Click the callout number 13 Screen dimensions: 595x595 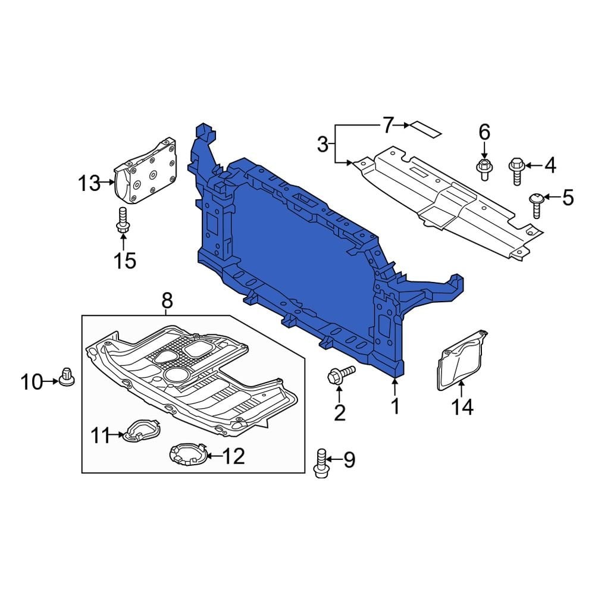(90, 183)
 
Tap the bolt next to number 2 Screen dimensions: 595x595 (339, 375)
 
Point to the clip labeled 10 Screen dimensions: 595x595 (66, 377)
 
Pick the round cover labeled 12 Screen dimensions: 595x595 (188, 455)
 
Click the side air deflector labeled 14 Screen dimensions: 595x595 (462, 359)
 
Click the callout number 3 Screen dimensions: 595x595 (322, 144)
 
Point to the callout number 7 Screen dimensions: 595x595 (388, 126)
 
